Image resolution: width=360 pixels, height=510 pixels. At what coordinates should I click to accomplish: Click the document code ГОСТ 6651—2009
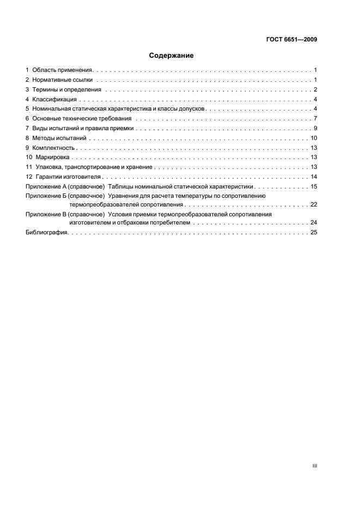coord(292,39)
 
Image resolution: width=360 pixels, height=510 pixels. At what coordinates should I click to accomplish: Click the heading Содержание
coord(171,56)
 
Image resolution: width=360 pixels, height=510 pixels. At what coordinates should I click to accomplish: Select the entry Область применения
coord(63,70)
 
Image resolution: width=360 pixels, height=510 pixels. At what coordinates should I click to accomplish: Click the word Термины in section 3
coord(45,90)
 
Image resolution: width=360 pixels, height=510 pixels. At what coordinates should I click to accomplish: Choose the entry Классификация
coord(54,99)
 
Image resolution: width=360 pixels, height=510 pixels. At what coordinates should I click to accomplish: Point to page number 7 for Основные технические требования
coord(315,119)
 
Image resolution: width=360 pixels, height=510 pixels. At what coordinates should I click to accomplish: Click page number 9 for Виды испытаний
coord(315,129)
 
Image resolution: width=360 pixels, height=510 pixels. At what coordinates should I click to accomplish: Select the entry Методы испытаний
coord(59,138)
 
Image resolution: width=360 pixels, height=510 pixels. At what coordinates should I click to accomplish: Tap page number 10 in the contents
coord(314,138)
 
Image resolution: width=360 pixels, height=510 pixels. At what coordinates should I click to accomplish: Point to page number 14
coord(314,177)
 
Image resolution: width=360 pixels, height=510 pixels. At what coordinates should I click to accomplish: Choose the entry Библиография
coord(46,233)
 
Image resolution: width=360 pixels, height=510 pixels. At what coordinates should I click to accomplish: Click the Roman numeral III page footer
coord(315,466)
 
